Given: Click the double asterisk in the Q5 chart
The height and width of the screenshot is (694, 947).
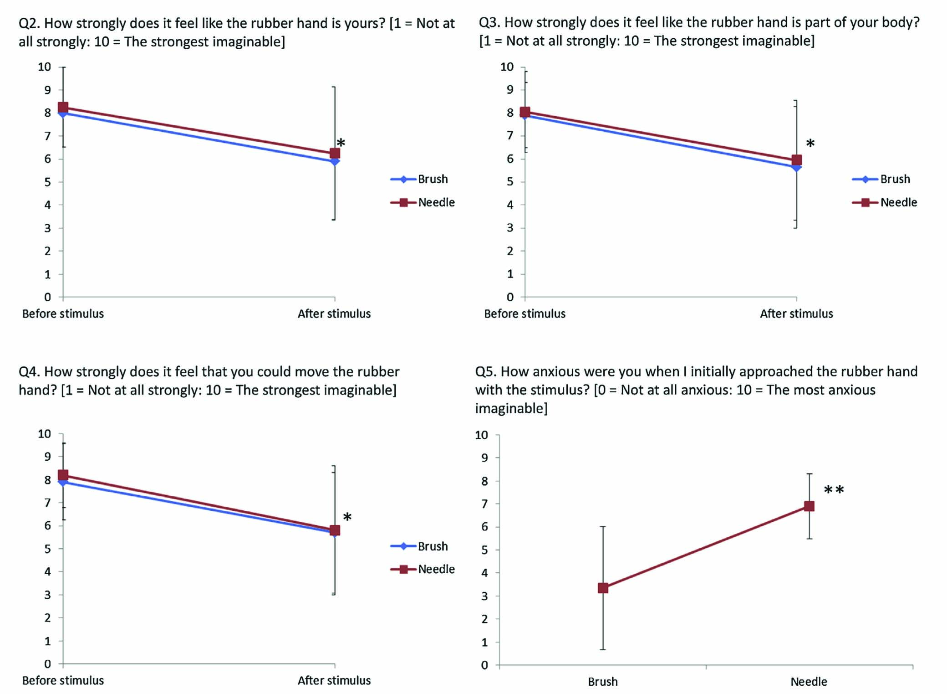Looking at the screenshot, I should point(834,491).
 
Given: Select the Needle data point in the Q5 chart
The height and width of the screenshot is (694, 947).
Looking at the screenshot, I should point(809,506).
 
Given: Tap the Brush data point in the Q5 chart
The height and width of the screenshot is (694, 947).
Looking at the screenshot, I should point(603,588).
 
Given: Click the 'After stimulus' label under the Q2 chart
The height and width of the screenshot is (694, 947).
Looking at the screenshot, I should point(334,314).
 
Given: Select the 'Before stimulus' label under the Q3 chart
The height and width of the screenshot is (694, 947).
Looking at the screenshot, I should point(524,314).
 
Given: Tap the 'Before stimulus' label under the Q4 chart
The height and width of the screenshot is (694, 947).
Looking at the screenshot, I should point(63,680).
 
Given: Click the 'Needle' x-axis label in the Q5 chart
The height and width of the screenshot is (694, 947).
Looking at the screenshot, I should point(809,682).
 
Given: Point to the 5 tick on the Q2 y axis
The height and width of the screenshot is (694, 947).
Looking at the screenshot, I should point(47,182).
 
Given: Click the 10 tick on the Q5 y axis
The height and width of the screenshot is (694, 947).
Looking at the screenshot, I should point(481,435).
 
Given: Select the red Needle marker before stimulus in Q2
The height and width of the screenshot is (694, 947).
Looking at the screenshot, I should point(63,108).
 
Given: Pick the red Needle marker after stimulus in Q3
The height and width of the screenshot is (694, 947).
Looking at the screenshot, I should point(797,160).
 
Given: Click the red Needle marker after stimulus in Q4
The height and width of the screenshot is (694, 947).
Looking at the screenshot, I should point(335,530).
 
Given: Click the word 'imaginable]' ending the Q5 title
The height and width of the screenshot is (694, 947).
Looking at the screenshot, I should point(511,408).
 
